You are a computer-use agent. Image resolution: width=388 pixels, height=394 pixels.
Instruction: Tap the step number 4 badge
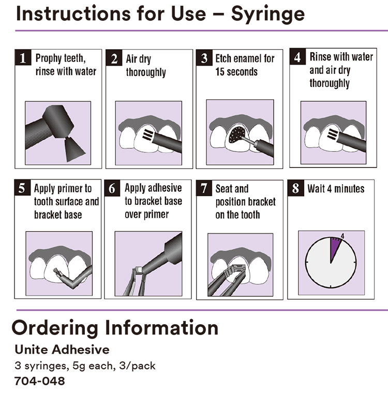click(x=297, y=57)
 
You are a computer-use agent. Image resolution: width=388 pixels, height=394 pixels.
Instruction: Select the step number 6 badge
click(x=112, y=188)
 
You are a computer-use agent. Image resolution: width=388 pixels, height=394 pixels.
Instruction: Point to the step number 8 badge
click(x=295, y=188)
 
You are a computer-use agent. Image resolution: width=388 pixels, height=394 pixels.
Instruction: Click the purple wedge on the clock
click(x=335, y=247)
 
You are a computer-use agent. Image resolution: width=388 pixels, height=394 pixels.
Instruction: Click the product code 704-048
click(x=40, y=381)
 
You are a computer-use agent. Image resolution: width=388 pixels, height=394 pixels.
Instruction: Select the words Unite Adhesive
click(x=62, y=350)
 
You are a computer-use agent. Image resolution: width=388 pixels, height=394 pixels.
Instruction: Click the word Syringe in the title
click(x=267, y=14)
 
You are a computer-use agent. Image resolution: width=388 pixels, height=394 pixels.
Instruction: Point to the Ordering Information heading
click(x=115, y=327)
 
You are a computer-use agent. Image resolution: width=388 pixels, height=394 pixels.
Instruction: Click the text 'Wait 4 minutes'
click(x=336, y=188)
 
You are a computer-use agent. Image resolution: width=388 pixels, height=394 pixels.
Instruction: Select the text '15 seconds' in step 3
click(x=236, y=72)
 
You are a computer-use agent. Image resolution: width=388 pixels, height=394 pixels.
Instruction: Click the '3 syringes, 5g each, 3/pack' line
click(x=85, y=366)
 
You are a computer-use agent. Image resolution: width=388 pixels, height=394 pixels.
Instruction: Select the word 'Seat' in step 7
click(x=225, y=189)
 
